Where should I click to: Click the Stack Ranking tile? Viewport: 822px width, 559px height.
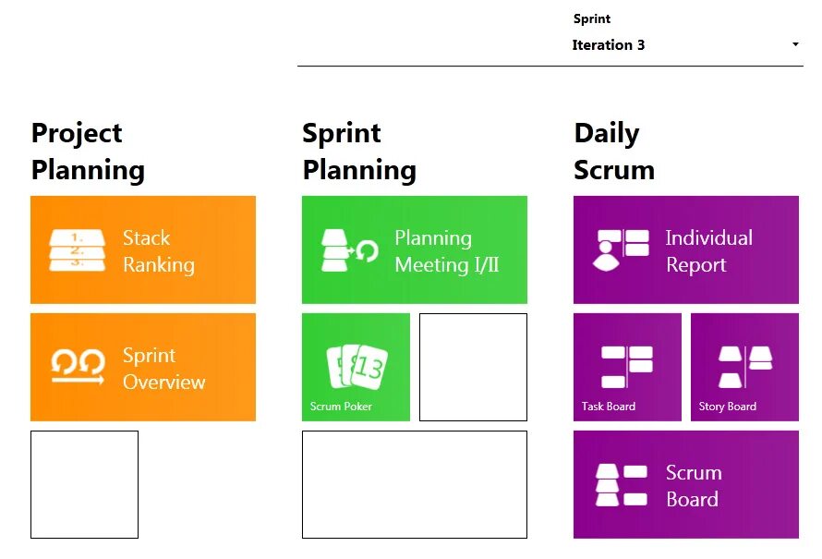tap(143, 249)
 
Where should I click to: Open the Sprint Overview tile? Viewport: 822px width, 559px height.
tap(143, 367)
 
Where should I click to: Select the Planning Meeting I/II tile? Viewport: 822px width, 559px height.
tap(415, 249)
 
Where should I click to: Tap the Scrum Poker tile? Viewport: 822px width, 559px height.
tap(356, 367)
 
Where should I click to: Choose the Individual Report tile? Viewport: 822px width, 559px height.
tap(686, 249)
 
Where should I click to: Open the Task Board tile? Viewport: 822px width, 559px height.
tap(627, 367)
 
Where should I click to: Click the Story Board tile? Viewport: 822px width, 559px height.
tap(744, 367)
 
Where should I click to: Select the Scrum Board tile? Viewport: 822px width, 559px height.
tap(686, 484)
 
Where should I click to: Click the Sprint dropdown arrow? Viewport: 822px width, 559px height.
tap(795, 44)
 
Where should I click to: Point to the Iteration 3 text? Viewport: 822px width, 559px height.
tap(609, 44)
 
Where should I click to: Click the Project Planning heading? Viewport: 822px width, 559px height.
tap(88, 152)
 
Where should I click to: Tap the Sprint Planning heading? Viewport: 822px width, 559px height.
tap(359, 152)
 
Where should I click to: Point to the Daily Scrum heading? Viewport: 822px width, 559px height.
tap(614, 152)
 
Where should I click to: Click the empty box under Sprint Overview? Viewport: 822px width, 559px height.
tap(84, 484)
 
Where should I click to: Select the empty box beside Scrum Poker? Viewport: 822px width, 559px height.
tap(473, 367)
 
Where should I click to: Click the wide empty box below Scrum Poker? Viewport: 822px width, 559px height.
tap(415, 484)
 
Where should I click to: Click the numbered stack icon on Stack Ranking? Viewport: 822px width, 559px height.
tap(77, 249)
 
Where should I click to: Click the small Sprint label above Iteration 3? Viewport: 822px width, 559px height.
tap(592, 18)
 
